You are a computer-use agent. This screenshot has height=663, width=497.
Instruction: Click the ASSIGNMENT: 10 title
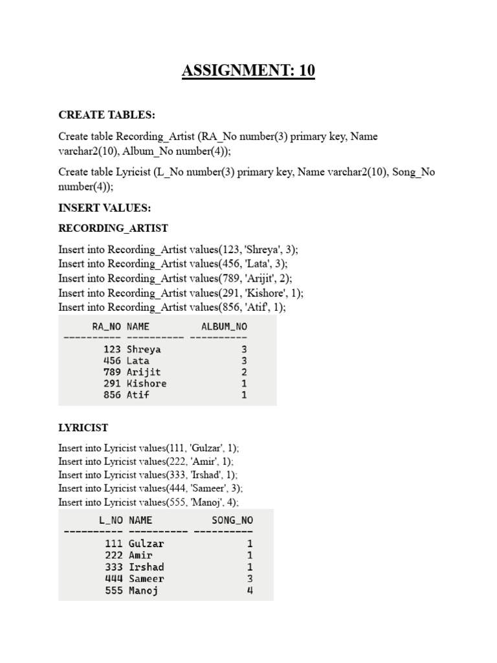coord(248,71)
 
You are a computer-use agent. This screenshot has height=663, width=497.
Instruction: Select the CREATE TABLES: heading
coord(107,115)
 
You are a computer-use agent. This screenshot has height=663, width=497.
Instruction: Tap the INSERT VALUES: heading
coord(104,208)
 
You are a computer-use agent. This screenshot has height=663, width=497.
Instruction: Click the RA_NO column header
coord(107,327)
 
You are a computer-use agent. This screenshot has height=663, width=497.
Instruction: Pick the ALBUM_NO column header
coord(224,327)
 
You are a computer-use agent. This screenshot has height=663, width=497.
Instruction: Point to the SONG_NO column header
coord(232,520)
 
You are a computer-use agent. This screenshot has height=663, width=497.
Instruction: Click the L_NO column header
coord(110,520)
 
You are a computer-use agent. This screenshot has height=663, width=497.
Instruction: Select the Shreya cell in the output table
coord(144,350)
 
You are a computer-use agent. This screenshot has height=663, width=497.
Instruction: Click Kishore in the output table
coord(146,383)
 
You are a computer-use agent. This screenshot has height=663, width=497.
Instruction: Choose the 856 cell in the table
coord(112,394)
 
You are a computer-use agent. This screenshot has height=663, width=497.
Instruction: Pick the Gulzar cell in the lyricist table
coord(146,544)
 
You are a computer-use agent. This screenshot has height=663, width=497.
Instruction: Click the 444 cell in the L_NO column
coord(113,579)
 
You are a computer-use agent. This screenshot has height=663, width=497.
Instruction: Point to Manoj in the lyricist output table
coord(143,590)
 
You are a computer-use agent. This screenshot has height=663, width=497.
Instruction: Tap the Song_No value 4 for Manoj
coord(250,590)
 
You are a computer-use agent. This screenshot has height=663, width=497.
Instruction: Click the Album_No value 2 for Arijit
coord(244,372)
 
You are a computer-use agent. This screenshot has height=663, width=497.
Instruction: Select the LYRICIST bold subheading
coord(83,428)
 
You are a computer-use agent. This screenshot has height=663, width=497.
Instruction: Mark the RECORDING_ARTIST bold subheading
coord(113,228)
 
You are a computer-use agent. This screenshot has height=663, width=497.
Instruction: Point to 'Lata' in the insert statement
coord(257,264)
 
